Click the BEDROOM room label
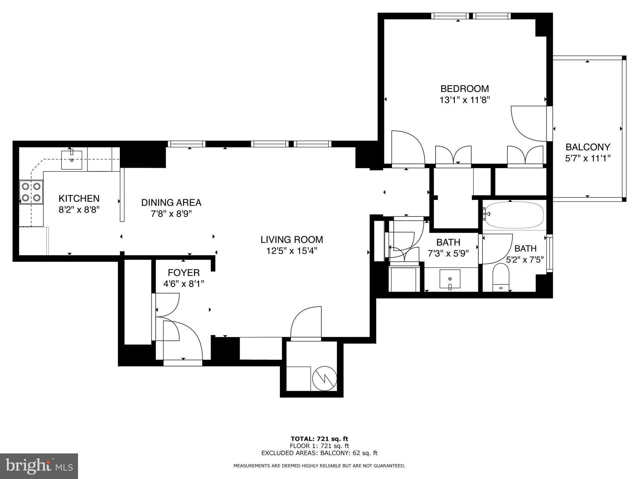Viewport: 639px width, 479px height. (464, 89)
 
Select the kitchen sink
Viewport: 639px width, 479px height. (72, 160)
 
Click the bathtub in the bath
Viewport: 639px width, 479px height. (514, 215)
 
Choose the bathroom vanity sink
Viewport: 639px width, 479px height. (450, 278)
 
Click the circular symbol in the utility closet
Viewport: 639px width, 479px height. (324, 378)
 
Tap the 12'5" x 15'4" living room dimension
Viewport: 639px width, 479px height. (292, 251)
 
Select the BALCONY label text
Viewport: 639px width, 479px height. (588, 147)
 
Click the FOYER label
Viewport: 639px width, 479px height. (183, 273)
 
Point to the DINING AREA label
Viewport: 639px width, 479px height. (171, 203)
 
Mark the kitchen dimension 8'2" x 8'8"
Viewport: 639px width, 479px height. (79, 210)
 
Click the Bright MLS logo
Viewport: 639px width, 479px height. (39, 466)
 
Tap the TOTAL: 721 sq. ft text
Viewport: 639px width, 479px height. (319, 439)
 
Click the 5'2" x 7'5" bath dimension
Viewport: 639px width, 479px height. (525, 259)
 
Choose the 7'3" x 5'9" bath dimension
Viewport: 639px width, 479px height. (448, 254)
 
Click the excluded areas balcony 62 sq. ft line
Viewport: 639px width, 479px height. (319, 453)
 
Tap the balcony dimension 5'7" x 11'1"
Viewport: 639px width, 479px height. (588, 158)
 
